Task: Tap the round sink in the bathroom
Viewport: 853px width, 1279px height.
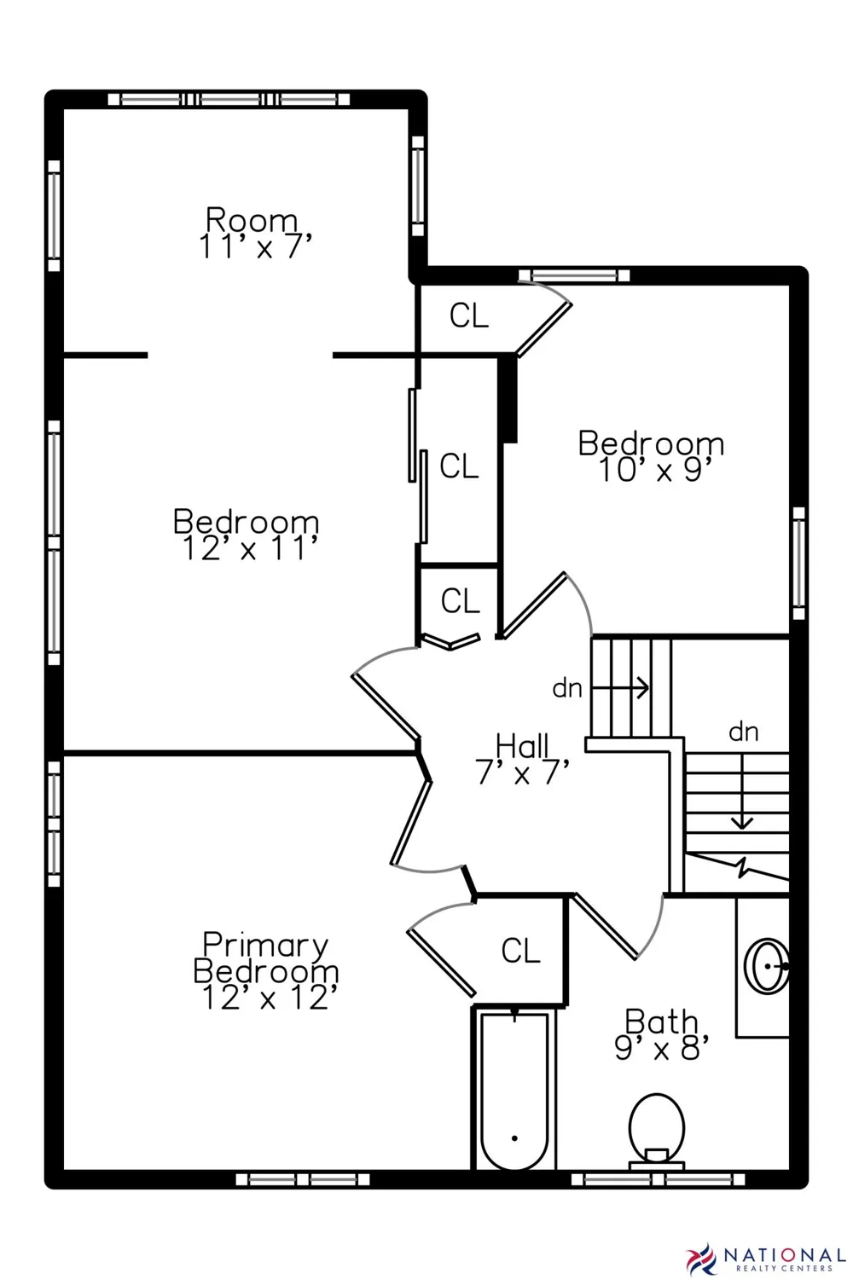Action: coord(767,966)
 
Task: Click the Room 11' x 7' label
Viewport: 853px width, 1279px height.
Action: coord(255,233)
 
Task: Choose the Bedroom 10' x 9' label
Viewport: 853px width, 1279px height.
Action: coord(652,456)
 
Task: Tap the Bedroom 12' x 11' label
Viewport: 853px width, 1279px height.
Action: coord(247,535)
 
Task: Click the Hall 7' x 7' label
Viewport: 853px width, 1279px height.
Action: coord(523,760)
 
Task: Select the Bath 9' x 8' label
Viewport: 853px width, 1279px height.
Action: coord(662,1035)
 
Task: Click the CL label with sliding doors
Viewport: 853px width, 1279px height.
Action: coord(459,466)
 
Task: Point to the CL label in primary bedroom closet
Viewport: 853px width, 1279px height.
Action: coord(520,951)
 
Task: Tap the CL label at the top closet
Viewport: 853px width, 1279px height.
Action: coord(469,315)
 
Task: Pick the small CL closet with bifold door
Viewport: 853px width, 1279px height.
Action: coord(460,600)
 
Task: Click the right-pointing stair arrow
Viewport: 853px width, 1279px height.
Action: coord(620,688)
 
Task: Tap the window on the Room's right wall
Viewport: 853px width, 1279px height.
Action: coord(418,186)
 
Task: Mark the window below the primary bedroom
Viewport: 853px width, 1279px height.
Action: coord(303,1179)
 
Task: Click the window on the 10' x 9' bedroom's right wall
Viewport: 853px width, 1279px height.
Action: coord(798,564)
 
